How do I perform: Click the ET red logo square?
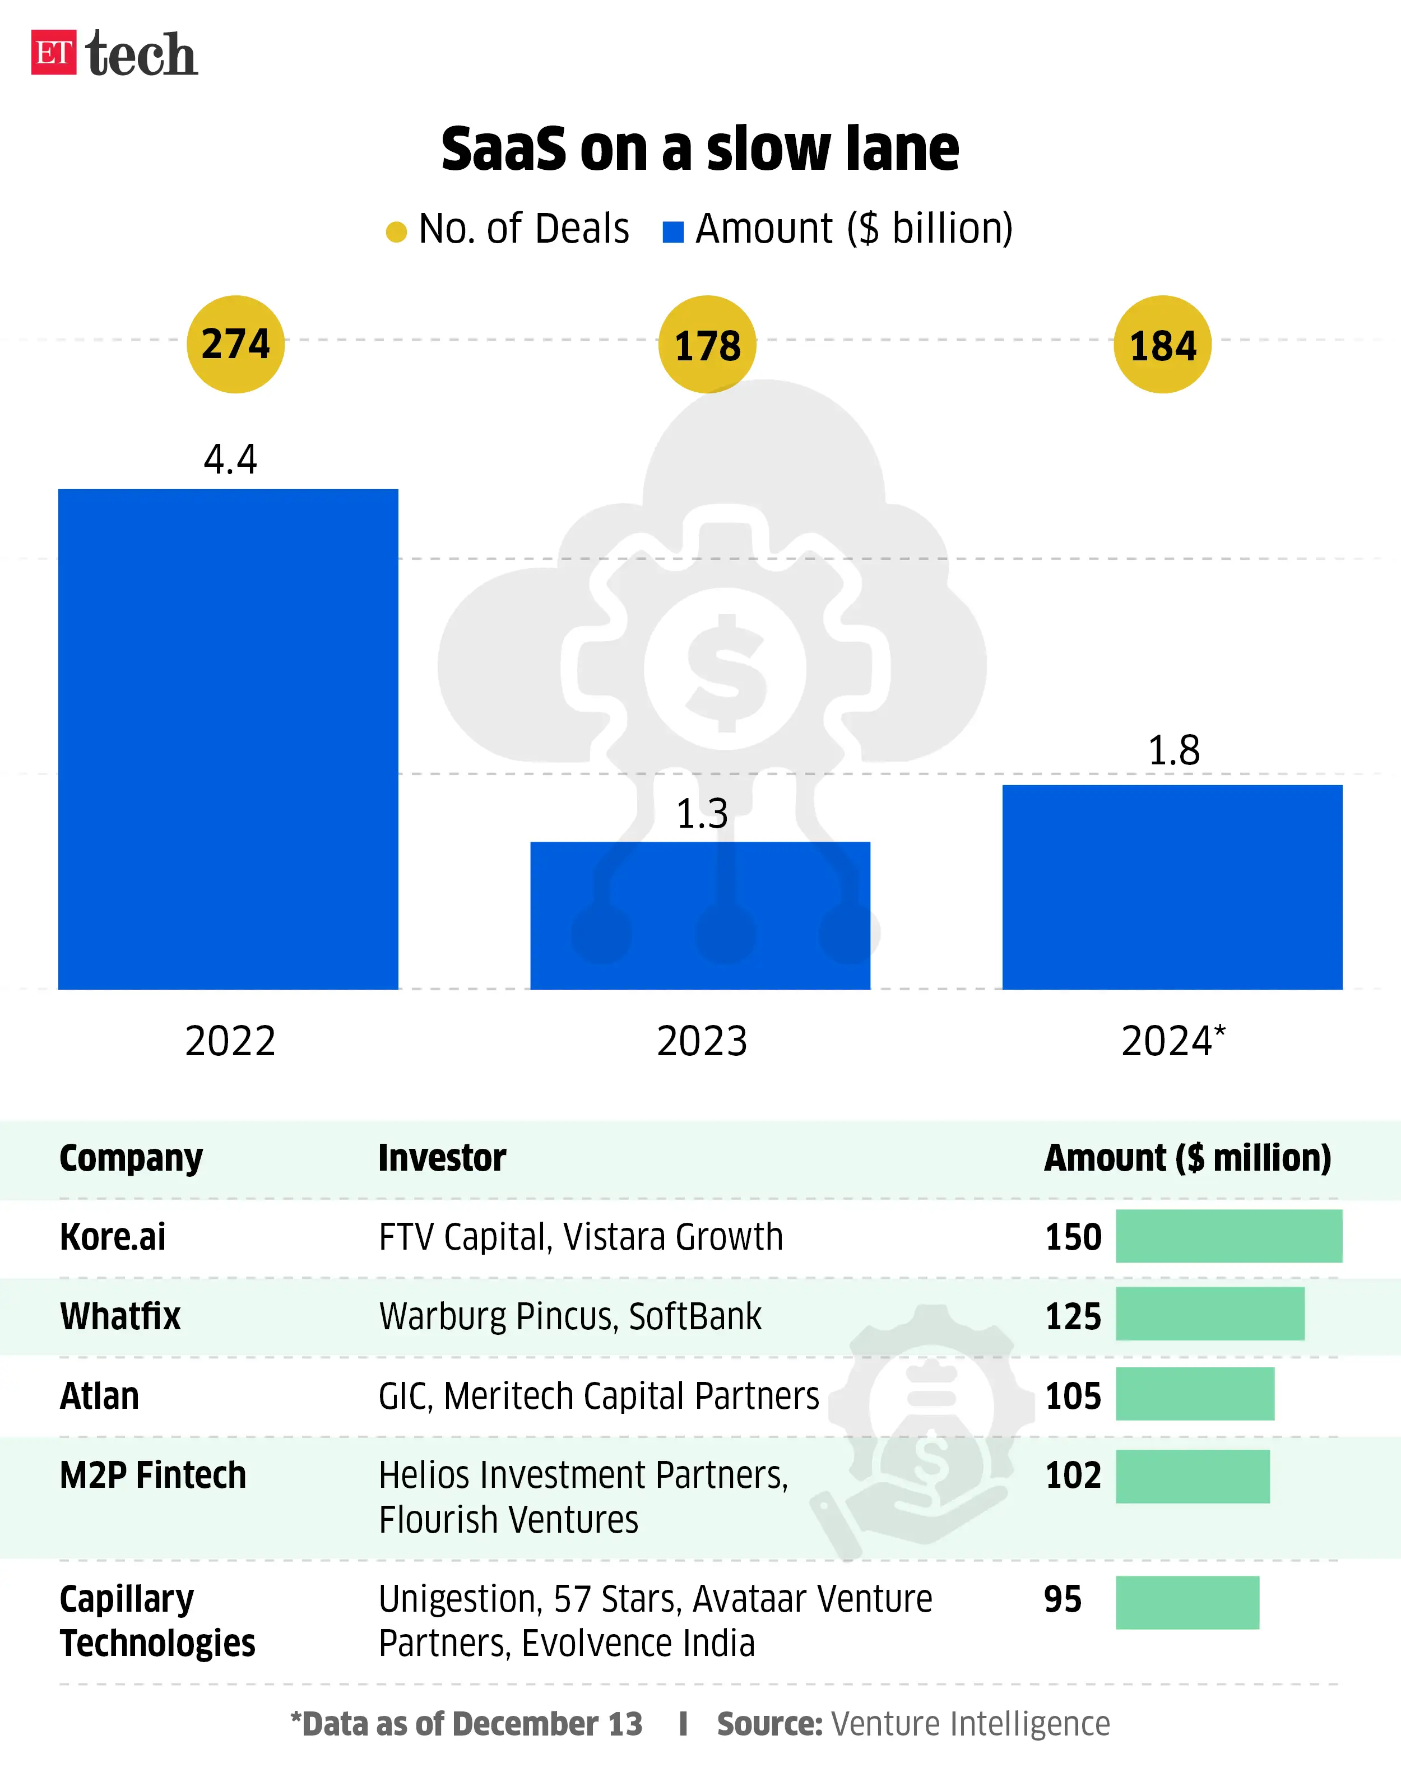[53, 53]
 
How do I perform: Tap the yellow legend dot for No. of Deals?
[396, 232]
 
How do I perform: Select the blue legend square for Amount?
[672, 232]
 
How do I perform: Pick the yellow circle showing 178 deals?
[707, 345]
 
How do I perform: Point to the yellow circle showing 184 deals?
[1162, 345]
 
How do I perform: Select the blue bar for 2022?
[228, 738]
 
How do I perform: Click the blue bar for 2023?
[700, 915]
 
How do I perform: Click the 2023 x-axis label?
[701, 1041]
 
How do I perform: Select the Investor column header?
[442, 1158]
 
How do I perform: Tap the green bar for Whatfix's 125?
[1210, 1314]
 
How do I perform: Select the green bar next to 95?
[1187, 1602]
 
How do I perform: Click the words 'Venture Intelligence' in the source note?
[971, 1724]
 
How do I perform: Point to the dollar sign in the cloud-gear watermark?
[725, 671]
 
